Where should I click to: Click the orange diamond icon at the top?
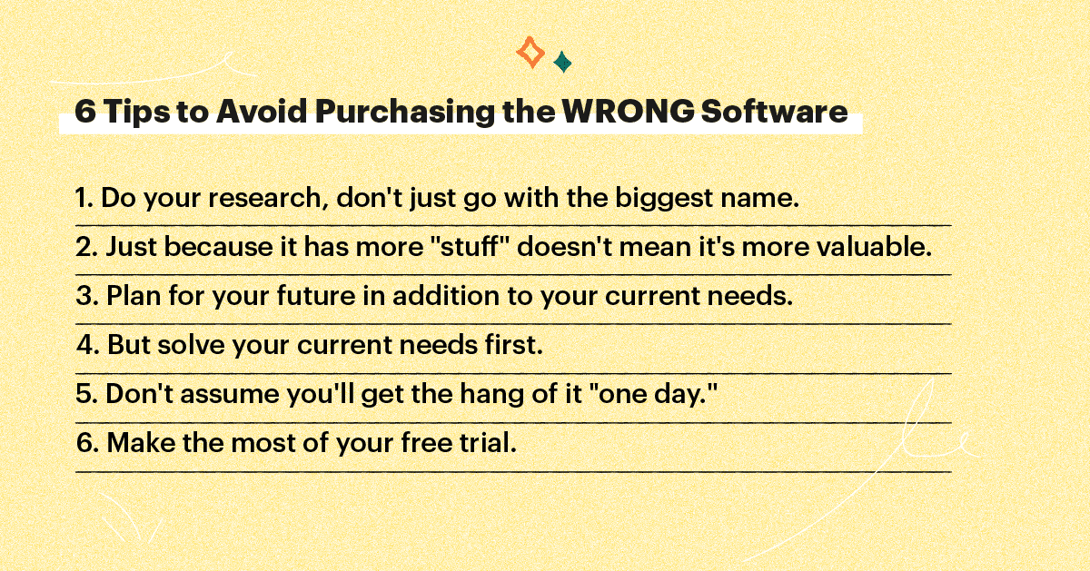(x=530, y=53)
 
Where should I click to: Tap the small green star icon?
(x=562, y=63)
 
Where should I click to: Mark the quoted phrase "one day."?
(x=644, y=395)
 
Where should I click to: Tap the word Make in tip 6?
(x=134, y=444)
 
